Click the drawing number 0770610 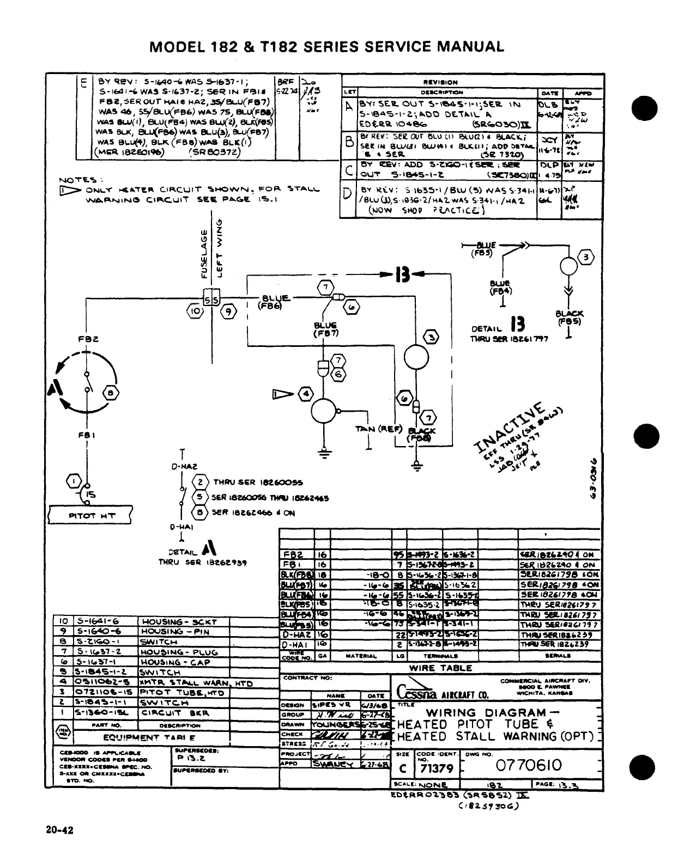[x=528, y=766]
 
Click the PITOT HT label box [x=90, y=515]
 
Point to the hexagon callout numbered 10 [x=195, y=312]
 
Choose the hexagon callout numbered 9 [x=228, y=312]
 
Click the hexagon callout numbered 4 [x=306, y=393]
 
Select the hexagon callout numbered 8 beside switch [x=110, y=392]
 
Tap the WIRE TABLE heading [x=440, y=668]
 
